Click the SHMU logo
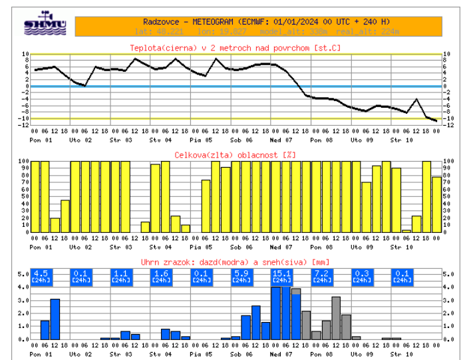[x=45, y=24]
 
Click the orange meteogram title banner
[x=258, y=25]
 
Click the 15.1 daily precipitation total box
[x=281, y=276]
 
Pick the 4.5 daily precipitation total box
[x=41, y=276]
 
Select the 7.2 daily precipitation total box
[x=321, y=276]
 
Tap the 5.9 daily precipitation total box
[x=241, y=276]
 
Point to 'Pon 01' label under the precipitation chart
[x=41, y=354]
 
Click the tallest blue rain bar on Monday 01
[x=55, y=319]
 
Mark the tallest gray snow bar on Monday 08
[x=336, y=318]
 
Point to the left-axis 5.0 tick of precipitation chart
[x=21, y=273]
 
